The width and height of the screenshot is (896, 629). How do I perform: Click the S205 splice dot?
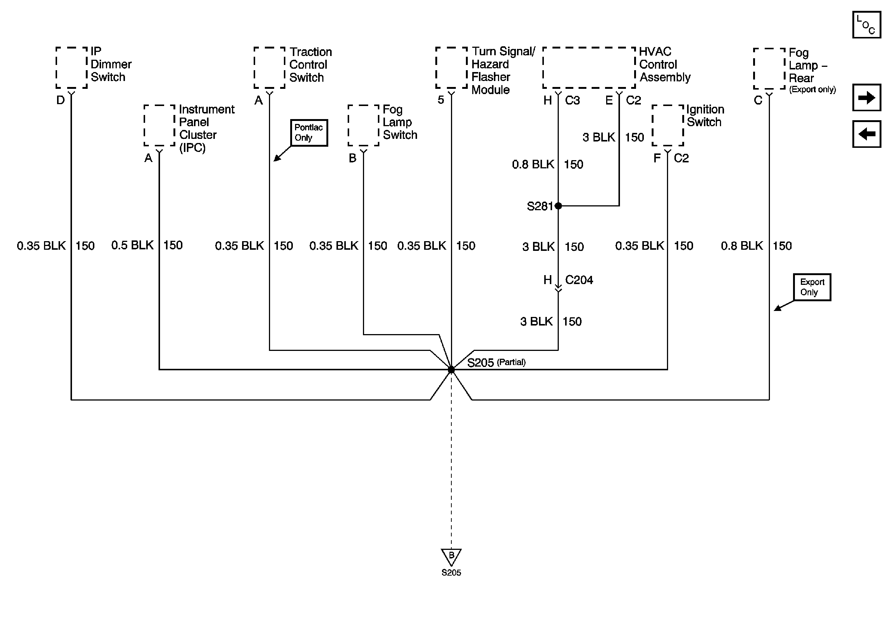click(451, 369)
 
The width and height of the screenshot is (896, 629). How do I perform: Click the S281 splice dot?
click(558, 206)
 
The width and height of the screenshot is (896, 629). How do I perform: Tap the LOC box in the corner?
click(866, 25)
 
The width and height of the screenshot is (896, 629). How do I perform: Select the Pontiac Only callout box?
click(309, 133)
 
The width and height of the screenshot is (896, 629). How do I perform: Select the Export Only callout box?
click(812, 287)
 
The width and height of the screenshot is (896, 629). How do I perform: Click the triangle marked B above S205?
click(451, 556)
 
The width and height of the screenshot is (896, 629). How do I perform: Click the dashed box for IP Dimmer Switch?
click(71, 68)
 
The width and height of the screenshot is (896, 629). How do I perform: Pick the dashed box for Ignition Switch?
click(668, 125)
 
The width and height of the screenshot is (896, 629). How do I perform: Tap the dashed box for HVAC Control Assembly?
click(589, 68)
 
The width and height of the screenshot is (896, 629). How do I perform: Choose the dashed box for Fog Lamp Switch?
click(363, 125)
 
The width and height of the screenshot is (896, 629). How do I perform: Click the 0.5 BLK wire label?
click(132, 245)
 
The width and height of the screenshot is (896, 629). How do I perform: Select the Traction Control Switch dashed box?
click(270, 68)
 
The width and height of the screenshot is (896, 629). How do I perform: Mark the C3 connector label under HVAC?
click(572, 101)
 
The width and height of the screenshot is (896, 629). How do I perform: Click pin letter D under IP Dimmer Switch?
click(60, 100)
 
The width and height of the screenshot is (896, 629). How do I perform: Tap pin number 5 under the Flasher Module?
click(441, 100)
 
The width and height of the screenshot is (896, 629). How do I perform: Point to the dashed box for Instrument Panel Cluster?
click(159, 125)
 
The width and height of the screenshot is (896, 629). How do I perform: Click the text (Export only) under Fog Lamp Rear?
click(812, 90)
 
